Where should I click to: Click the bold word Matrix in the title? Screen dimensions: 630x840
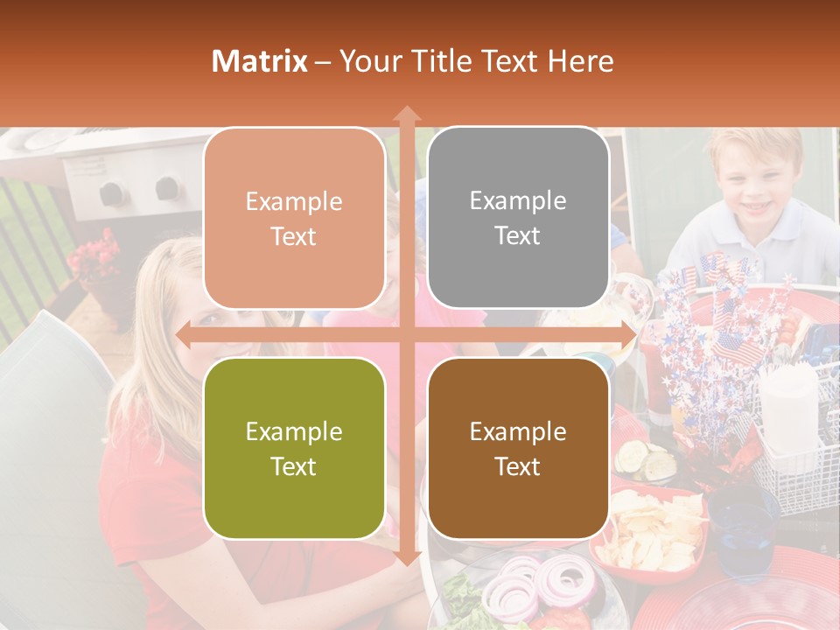pos(260,61)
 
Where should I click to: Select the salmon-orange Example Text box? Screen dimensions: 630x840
pos(294,218)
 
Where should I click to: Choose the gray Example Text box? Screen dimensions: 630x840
pos(518,218)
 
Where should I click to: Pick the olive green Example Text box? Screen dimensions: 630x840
pos(294,448)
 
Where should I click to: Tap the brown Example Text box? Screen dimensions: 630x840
pos(518,448)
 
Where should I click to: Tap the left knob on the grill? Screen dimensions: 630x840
pos(111,192)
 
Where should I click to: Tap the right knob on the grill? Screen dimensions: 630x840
pos(166,187)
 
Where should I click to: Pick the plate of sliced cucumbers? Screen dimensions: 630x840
pos(647,458)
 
